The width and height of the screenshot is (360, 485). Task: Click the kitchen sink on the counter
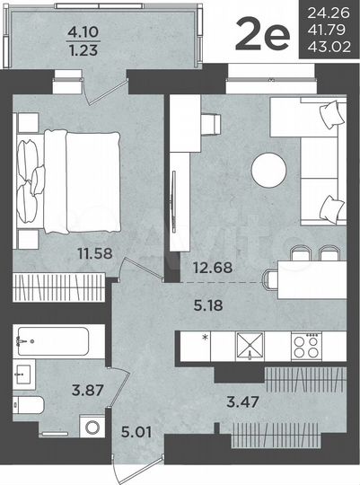point(249,344)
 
